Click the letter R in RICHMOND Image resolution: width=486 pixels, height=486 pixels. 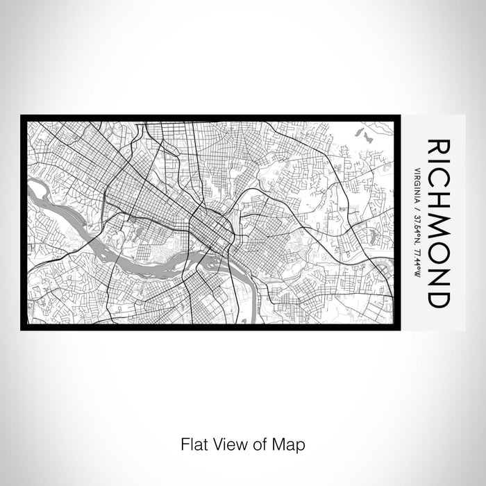pos(437,147)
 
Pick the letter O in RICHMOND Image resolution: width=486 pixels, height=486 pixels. pos(437,253)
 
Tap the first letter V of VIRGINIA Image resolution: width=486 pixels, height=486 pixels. pos(416,169)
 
